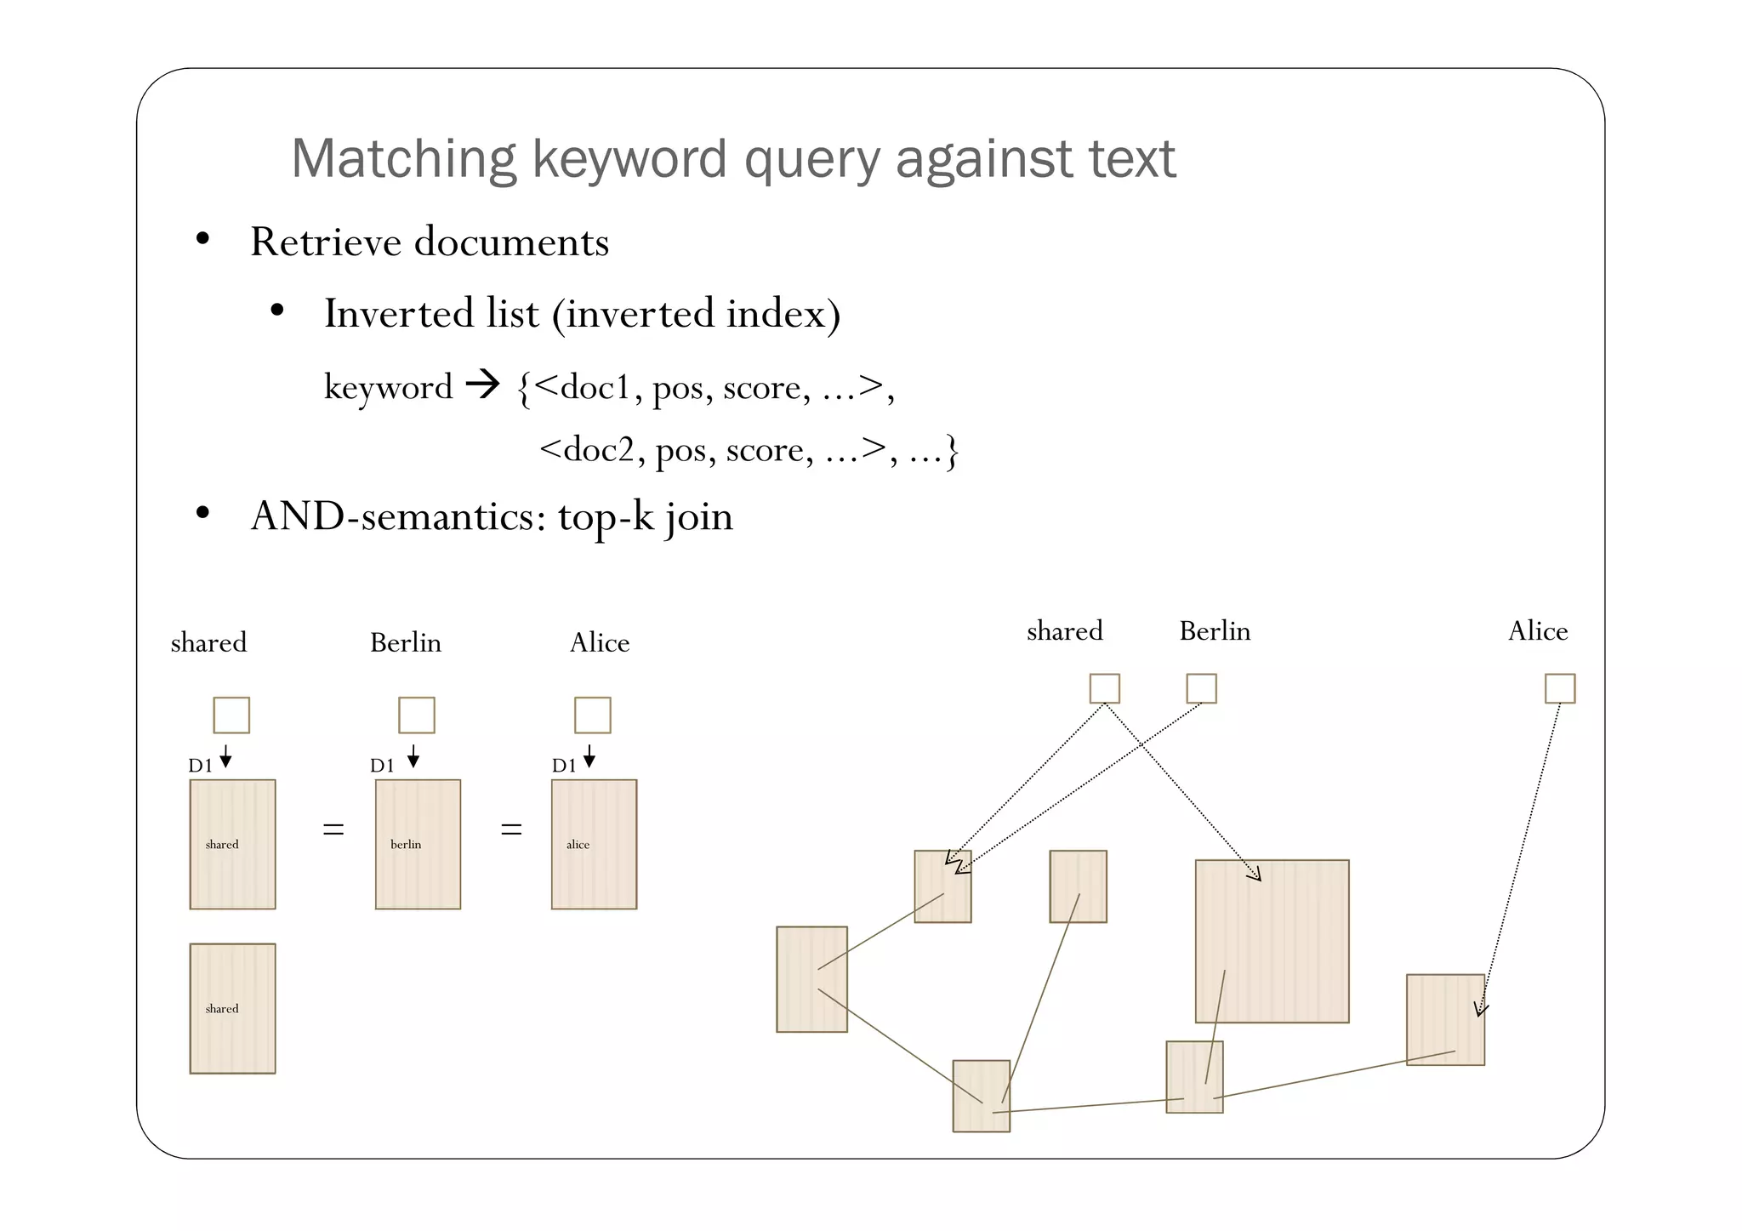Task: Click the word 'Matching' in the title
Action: tap(403, 159)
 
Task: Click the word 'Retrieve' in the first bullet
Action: tap(326, 242)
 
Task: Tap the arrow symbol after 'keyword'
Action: tap(483, 385)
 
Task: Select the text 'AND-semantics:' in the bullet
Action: tap(398, 516)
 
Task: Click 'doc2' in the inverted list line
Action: tap(598, 449)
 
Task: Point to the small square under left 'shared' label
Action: tap(231, 715)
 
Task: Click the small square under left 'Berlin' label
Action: tap(417, 715)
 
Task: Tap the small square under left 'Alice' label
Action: tap(593, 715)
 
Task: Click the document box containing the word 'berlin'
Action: tap(418, 844)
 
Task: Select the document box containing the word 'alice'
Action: tap(594, 844)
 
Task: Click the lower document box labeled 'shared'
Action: tap(232, 1008)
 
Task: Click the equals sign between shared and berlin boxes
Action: tap(333, 829)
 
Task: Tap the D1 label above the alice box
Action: tap(563, 766)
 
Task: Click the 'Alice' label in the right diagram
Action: tap(1538, 631)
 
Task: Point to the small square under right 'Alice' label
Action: tap(1560, 688)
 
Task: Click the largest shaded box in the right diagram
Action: tap(1272, 941)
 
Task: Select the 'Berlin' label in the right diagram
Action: tap(1215, 631)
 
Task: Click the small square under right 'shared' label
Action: tap(1105, 688)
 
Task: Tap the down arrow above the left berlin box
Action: tap(413, 756)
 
